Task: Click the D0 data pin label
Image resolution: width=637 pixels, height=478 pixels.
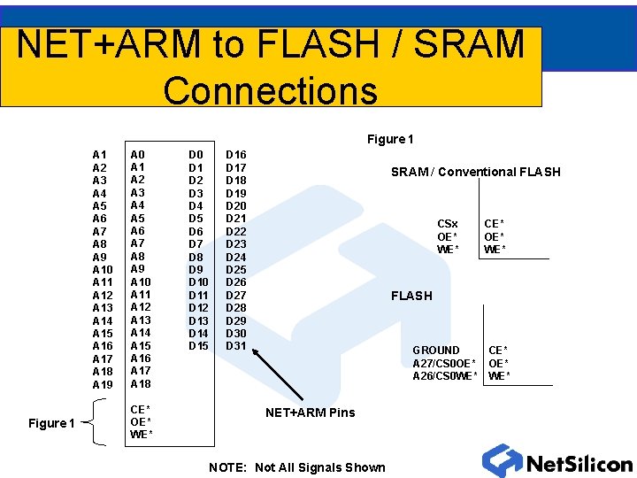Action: point(196,154)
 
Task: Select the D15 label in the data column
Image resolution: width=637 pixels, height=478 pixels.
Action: point(199,345)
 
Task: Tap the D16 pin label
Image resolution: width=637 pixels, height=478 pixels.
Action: point(236,155)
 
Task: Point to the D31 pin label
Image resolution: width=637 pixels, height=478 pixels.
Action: point(236,345)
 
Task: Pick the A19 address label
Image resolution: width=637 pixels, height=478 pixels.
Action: point(103,385)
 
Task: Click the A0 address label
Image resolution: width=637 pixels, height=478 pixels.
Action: point(138,154)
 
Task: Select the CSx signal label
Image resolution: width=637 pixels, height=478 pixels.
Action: point(448,224)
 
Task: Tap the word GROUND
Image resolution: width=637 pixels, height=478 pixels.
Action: point(436,351)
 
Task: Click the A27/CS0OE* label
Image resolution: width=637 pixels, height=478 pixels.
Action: point(444,363)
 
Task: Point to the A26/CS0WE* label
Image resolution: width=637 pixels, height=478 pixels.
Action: point(445,376)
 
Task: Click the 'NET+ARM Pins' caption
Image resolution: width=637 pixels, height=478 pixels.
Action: point(311,412)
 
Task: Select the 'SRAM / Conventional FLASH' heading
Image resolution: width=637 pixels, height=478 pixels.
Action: point(475,172)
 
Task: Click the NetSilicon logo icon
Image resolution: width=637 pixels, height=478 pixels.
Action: point(502,461)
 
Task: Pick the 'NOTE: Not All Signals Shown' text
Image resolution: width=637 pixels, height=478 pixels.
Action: point(297,467)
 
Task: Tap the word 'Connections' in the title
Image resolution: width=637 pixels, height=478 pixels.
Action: point(270,90)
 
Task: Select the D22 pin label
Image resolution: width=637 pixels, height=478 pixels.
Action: point(236,231)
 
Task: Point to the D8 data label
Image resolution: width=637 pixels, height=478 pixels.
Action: point(196,257)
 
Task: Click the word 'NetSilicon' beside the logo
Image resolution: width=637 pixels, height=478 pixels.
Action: point(579,464)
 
